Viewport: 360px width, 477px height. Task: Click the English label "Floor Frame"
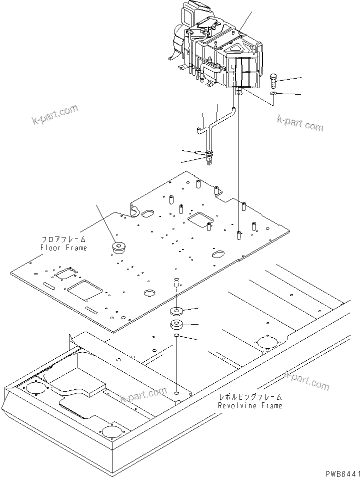click(x=63, y=248)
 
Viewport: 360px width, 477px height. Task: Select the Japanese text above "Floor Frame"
click(x=63, y=240)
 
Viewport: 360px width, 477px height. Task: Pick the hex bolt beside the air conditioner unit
click(x=274, y=80)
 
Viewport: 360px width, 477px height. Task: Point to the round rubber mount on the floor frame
click(x=119, y=247)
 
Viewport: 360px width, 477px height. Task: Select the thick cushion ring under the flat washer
click(x=177, y=324)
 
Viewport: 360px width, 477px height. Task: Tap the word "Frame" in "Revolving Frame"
click(x=270, y=405)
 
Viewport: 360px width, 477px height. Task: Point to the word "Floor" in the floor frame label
click(x=49, y=248)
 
